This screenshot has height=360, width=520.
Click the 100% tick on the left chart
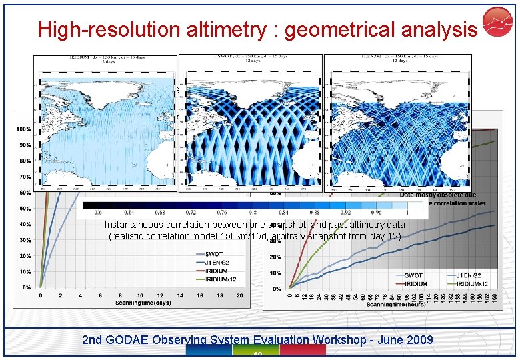24,129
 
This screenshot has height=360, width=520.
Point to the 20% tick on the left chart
24,256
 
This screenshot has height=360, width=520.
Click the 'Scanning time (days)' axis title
143,303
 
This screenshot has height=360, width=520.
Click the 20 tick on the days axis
239,295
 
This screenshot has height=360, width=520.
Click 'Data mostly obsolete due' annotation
438,195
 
